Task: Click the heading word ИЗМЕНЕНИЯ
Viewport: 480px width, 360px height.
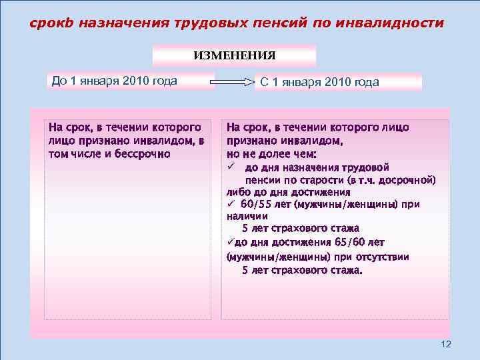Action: coord(234,55)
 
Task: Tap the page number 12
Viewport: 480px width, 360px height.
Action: coord(446,344)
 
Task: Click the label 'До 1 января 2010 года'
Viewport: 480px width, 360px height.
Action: coord(114,81)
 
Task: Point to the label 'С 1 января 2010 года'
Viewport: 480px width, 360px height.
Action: coord(319,83)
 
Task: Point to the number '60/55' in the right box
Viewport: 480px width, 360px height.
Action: coord(255,204)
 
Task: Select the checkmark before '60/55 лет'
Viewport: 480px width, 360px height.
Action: coord(230,204)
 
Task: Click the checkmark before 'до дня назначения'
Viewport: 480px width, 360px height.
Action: coord(230,167)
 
